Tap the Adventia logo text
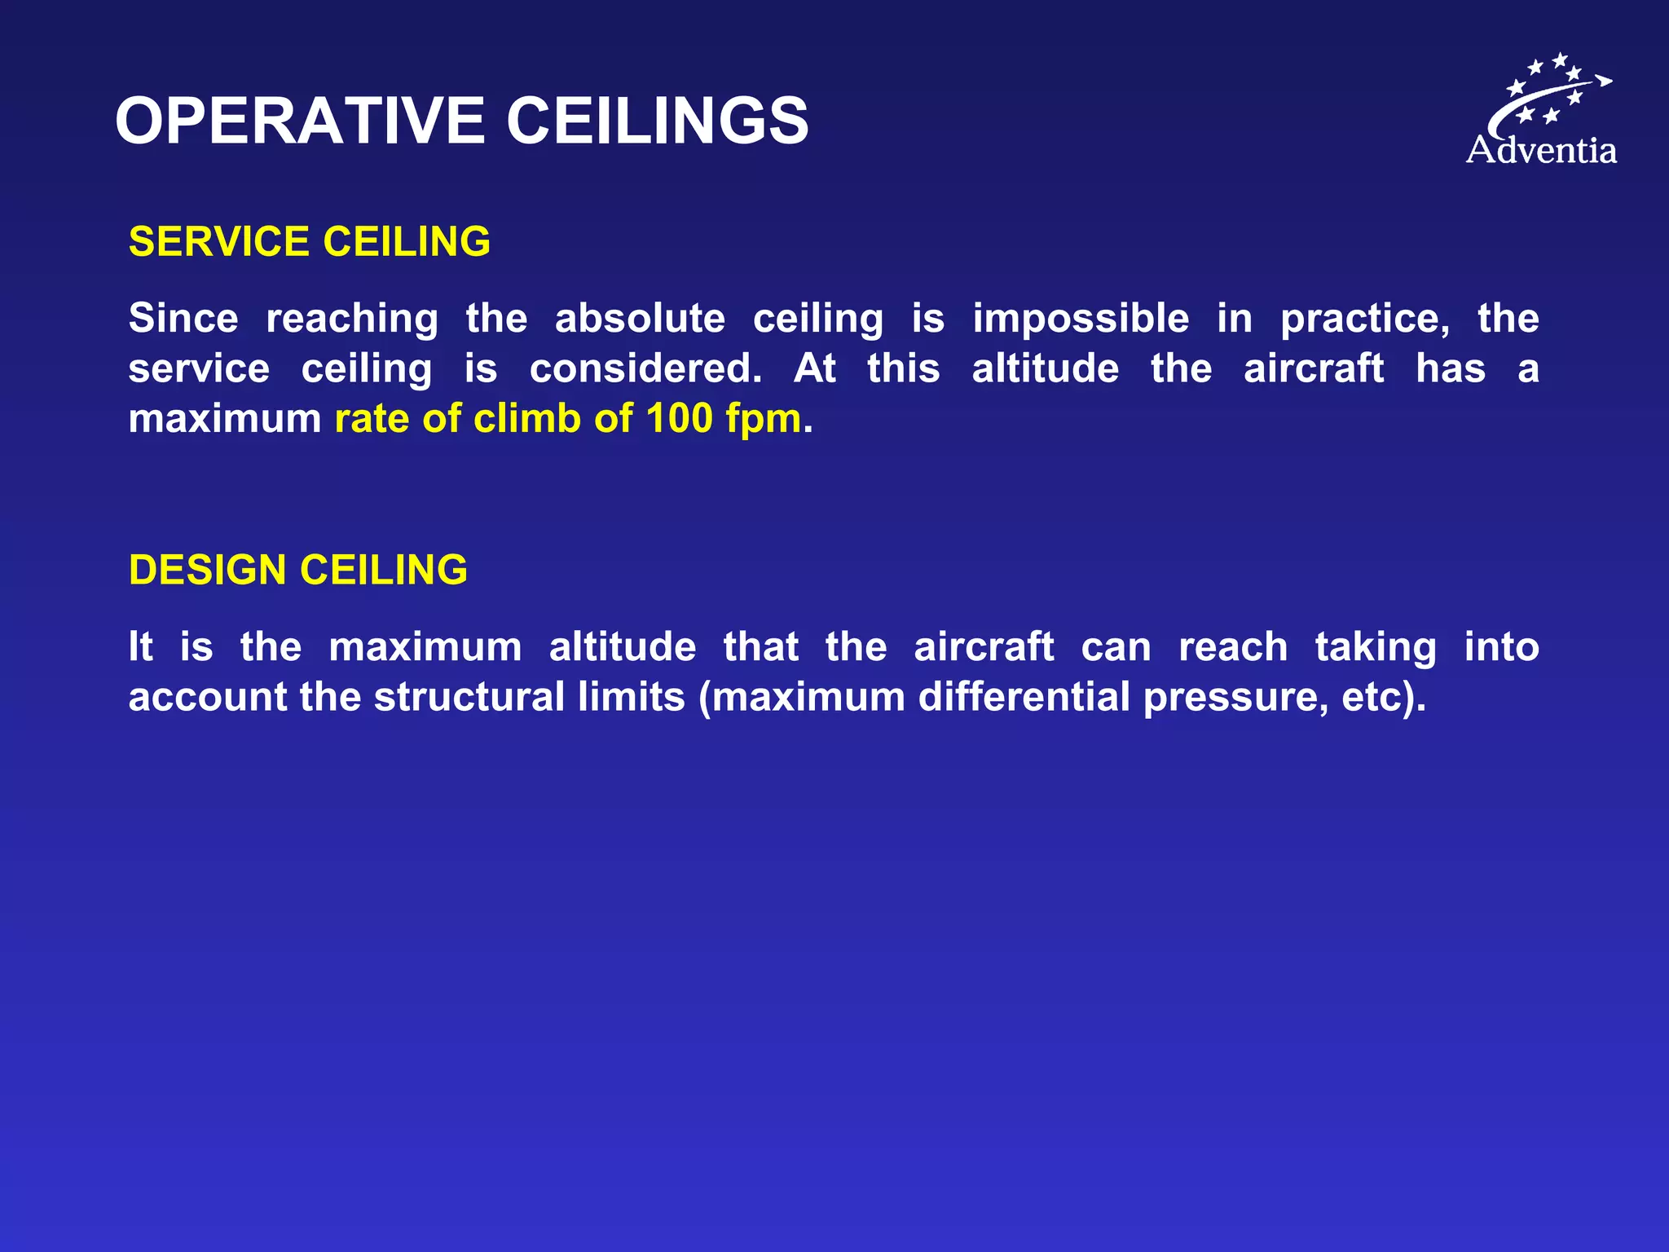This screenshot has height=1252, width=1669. [1541, 151]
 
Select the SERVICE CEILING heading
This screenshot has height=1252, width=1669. [310, 242]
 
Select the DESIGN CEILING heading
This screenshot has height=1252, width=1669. [298, 570]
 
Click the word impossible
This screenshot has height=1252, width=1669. [1081, 319]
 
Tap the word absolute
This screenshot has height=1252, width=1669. [640, 319]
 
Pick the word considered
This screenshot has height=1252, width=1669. [645, 368]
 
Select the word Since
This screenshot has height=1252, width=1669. [183, 319]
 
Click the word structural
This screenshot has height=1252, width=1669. [469, 698]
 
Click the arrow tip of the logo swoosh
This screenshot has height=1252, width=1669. [1605, 80]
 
